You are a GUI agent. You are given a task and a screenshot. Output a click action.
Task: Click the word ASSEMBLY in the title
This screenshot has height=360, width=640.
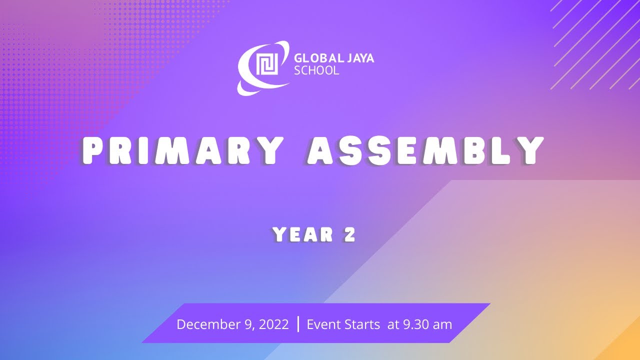click(425, 150)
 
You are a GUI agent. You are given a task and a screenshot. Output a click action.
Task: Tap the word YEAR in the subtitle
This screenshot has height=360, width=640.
click(303, 234)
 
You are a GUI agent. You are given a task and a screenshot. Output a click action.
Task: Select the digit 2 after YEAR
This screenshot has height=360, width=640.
click(350, 234)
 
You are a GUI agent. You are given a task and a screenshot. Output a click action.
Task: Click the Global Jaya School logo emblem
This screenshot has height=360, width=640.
click(263, 67)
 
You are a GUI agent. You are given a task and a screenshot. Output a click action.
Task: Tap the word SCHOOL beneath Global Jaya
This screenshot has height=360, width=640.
click(316, 71)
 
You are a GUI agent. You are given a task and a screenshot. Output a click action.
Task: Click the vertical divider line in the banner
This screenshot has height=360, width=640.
click(298, 324)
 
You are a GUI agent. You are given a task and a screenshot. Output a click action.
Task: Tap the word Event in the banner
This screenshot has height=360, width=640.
click(323, 324)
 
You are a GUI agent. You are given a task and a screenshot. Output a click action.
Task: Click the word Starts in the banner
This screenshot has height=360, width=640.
click(361, 324)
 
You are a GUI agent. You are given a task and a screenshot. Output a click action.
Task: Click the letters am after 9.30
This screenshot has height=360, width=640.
click(442, 324)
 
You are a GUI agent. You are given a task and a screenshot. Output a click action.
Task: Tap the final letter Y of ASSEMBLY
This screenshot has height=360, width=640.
click(530, 150)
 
